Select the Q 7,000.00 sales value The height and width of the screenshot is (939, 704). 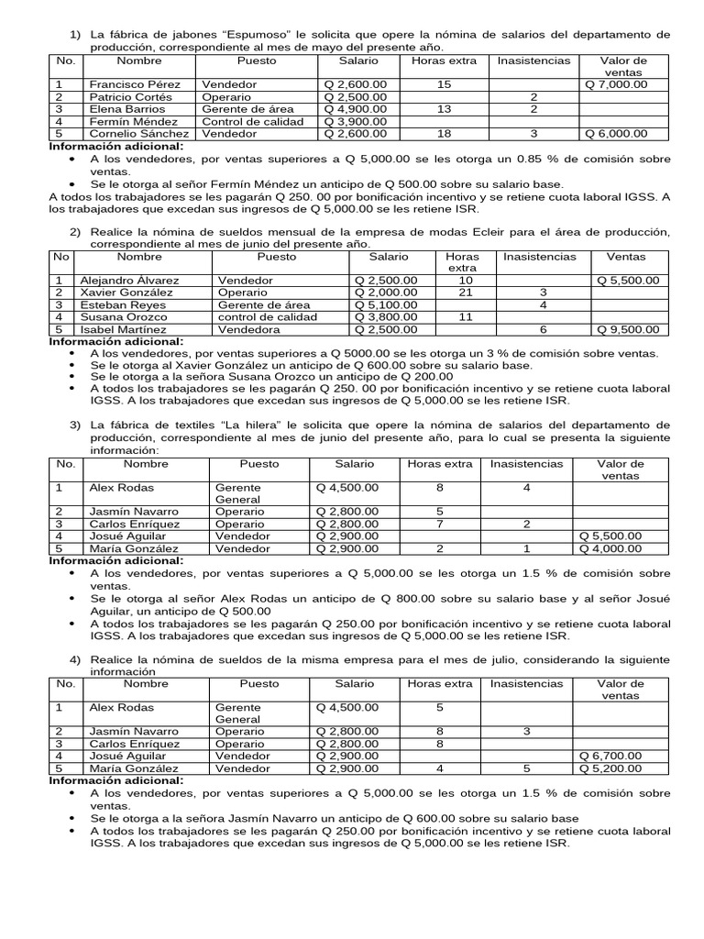tap(616, 84)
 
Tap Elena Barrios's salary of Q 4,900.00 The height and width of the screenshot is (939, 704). tap(357, 108)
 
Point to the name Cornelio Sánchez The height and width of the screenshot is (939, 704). tap(134, 133)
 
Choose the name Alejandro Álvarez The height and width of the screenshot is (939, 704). tap(129, 281)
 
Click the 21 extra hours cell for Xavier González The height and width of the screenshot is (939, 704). tap(465, 293)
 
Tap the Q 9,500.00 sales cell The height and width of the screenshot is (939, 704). tap(628, 329)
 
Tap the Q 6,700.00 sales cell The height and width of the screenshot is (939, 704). tap(610, 756)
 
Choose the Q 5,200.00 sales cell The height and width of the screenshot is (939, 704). tap(610, 768)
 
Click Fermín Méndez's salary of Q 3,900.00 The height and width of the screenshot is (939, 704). tap(357, 121)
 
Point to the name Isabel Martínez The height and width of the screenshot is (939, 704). tap(123, 329)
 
